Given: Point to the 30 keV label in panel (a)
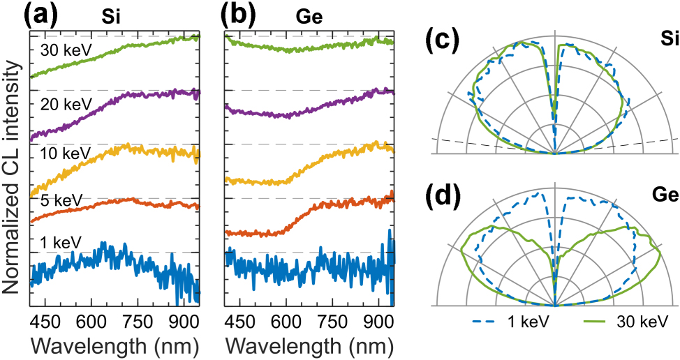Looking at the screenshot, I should (63, 50).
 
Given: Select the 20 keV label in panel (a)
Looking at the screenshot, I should (63, 105).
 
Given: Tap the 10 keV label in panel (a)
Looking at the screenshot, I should (63, 159).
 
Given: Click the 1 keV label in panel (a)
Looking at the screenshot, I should (59, 242).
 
